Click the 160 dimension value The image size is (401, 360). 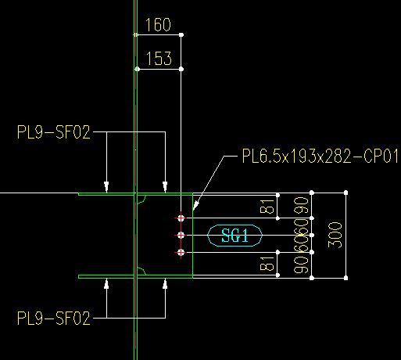[158, 25]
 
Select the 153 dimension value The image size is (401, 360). [159, 58]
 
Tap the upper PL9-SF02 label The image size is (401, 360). [54, 132]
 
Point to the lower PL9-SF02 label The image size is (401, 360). [54, 318]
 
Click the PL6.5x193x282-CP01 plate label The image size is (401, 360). [320, 156]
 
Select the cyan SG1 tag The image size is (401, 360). [235, 236]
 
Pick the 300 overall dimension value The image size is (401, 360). [335, 235]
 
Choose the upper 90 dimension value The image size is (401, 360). [301, 205]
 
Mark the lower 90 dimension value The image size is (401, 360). [301, 265]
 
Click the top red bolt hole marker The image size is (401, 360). [181, 218]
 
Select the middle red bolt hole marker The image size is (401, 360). [181, 236]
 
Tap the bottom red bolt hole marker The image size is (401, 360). [181, 253]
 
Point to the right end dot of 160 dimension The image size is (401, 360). [181, 34]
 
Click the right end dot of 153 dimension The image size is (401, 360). [181, 69]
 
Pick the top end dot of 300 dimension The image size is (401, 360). [346, 193]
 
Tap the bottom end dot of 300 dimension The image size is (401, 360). [346, 278]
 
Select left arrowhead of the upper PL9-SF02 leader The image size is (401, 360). [106, 187]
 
